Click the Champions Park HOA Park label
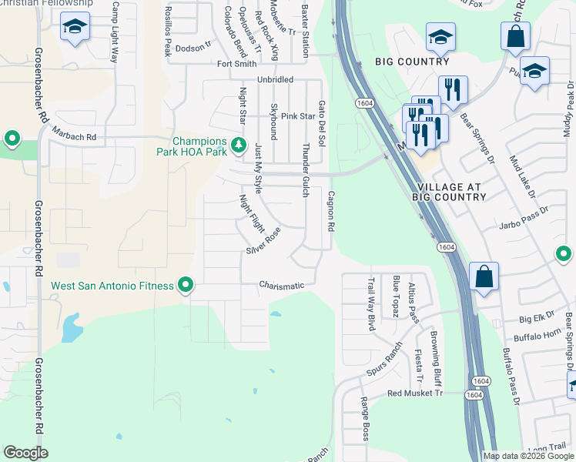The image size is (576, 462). coord(199,146)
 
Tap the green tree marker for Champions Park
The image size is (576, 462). coord(239,144)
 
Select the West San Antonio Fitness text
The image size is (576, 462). coord(112,286)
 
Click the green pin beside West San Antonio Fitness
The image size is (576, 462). coord(186,286)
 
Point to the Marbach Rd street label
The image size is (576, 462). coord(74,137)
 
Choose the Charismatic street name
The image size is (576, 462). coord(281,286)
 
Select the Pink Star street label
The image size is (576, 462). coord(298,116)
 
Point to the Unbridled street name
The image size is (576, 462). coord(275,79)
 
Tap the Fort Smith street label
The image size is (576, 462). coord(236,64)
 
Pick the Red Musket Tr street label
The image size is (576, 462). coord(415,393)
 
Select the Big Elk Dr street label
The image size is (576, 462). coord(537,317)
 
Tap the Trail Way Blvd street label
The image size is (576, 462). coord(370,304)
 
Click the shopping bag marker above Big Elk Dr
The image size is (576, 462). coord(482,277)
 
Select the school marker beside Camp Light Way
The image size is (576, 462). coord(75,28)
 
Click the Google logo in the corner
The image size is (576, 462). coord(25,452)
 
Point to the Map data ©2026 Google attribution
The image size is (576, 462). coord(527,456)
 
